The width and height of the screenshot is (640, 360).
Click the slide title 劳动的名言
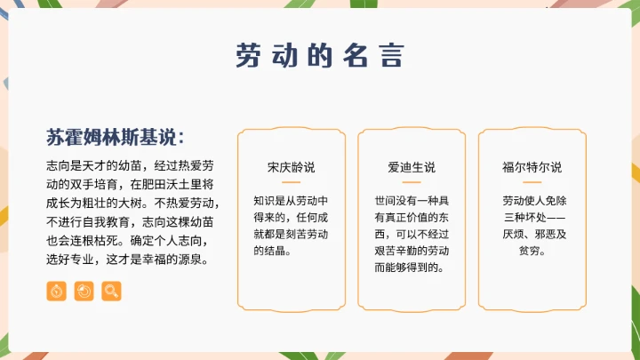point(320,55)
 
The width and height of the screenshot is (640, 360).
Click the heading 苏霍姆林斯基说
point(116,138)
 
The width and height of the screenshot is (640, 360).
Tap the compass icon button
point(56,291)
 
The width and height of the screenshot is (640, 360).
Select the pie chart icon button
point(84,291)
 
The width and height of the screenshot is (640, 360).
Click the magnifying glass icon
point(111,291)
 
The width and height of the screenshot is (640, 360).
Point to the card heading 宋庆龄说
point(291,167)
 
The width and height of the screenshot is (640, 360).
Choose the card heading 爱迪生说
point(412,167)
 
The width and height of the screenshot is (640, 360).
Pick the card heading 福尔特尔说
point(532,167)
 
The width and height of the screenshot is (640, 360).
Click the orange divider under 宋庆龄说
point(291,183)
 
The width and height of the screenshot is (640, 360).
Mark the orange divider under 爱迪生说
point(412,183)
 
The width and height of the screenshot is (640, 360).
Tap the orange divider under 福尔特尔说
point(532,183)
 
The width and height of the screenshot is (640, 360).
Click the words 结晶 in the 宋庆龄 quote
point(272,251)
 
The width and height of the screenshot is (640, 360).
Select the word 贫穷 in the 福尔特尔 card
point(532,251)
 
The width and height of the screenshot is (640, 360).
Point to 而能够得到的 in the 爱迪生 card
point(412,268)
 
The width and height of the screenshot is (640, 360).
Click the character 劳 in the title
point(248,55)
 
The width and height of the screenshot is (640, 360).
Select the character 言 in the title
point(392,55)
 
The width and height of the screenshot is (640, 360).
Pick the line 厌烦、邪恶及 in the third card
point(532,234)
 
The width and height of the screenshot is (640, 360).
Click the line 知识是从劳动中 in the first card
point(291,200)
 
